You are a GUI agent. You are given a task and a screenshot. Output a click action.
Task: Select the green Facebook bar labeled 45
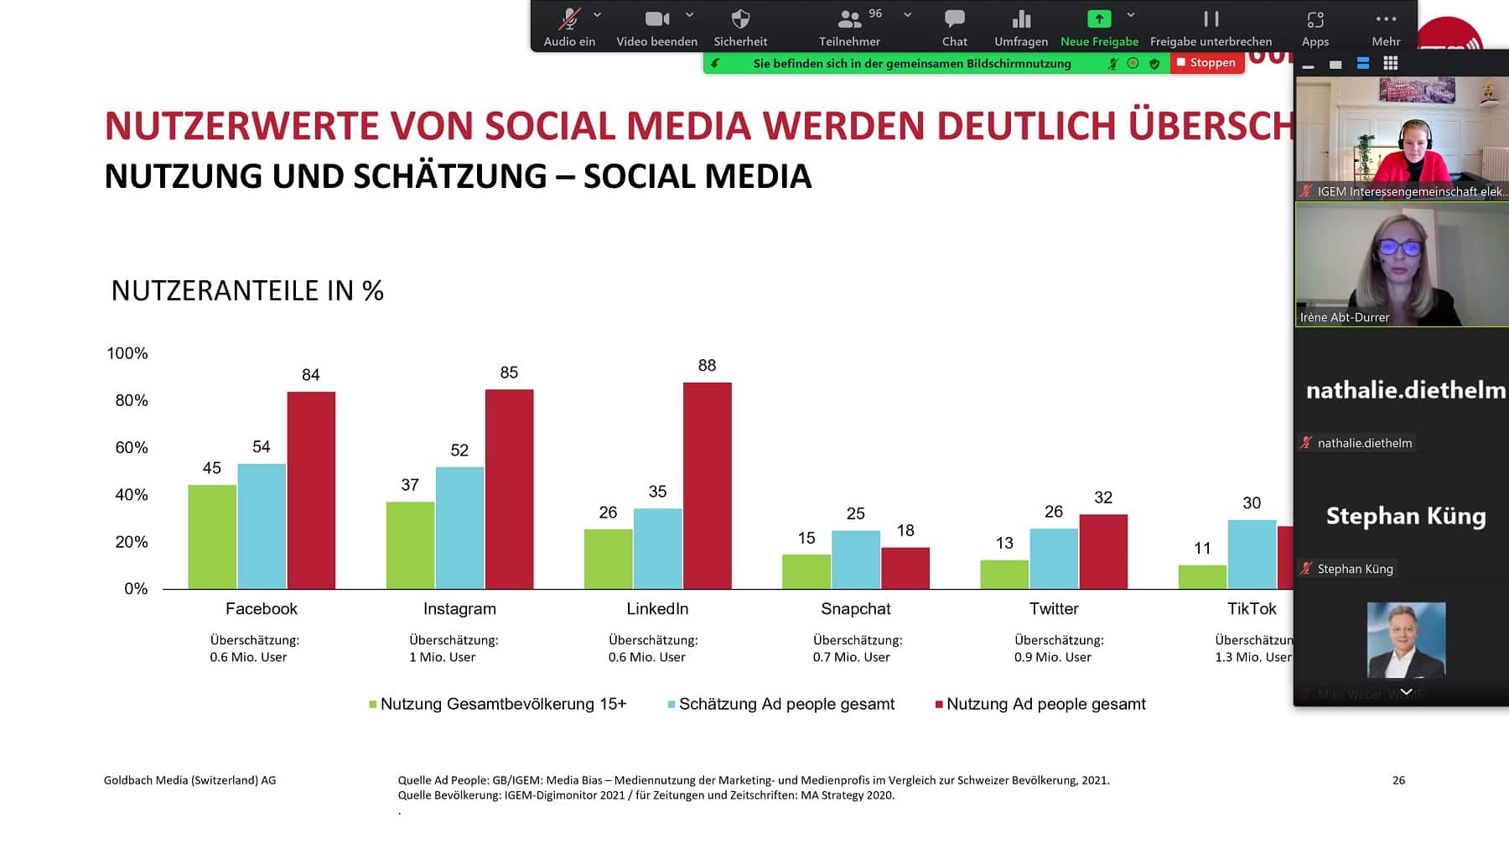pyautogui.click(x=211, y=537)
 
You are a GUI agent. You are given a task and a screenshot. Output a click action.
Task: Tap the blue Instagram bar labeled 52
pyautogui.click(x=459, y=528)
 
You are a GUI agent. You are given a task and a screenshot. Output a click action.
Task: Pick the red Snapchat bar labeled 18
pyautogui.click(x=905, y=568)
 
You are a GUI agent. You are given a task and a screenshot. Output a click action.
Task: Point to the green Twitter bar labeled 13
pyautogui.click(x=1003, y=575)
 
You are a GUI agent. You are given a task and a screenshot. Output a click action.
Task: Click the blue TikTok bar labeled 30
pyautogui.click(x=1252, y=555)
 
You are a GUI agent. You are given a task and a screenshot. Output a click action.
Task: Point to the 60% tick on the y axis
pyautogui.click(x=132, y=448)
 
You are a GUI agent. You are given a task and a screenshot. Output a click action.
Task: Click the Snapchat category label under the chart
pyautogui.click(x=855, y=609)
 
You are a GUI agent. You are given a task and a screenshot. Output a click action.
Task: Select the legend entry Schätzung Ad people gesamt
pyautogui.click(x=786, y=705)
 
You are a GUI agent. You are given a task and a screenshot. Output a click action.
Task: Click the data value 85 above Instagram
pyautogui.click(x=509, y=372)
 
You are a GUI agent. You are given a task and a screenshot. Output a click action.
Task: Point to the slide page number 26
pyautogui.click(x=1398, y=780)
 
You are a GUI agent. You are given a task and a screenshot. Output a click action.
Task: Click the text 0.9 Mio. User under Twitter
pyautogui.click(x=1052, y=658)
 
